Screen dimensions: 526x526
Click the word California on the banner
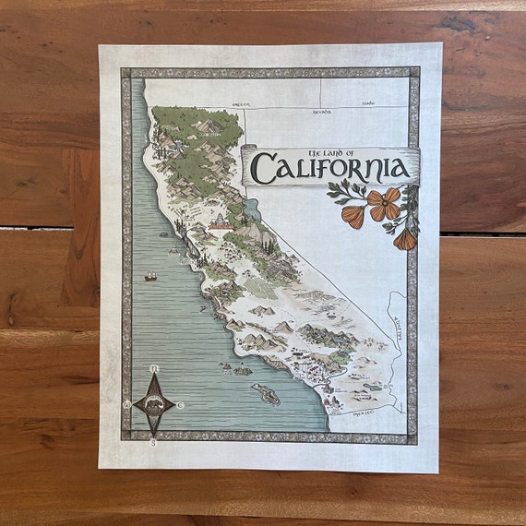pos(329,169)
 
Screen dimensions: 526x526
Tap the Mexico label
pos(363,413)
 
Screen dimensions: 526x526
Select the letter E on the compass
pos(180,404)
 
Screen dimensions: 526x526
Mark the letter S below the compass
pos(153,441)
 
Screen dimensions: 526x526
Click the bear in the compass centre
pos(153,404)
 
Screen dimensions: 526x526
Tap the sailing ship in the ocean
pos(150,275)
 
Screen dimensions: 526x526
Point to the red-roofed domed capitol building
pos(221,221)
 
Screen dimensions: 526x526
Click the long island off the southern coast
pos(266,394)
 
